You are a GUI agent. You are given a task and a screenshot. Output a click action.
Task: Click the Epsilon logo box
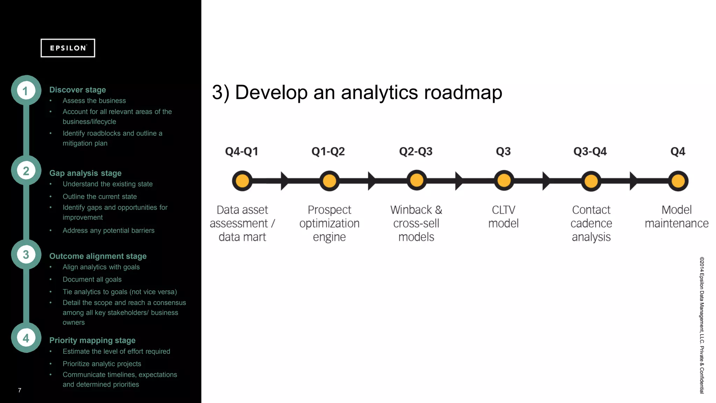[x=68, y=48]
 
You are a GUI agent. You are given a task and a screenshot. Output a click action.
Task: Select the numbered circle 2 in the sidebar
[x=26, y=171]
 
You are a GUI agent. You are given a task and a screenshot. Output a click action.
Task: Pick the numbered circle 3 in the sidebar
[x=26, y=254]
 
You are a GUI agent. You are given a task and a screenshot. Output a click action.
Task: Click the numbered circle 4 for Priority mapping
[x=26, y=338]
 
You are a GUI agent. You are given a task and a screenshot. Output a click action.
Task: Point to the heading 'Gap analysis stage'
[x=85, y=173]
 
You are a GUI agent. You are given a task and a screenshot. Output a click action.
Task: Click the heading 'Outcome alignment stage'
[x=98, y=256]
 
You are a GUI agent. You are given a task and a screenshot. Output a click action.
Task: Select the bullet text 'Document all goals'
[x=92, y=280]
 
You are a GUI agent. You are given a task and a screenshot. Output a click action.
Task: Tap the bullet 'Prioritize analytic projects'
[x=102, y=364]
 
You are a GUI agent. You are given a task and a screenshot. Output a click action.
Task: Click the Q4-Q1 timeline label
[x=242, y=151]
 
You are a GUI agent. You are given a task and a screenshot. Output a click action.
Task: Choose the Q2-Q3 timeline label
[x=416, y=151]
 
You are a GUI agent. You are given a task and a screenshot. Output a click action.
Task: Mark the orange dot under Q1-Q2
[x=329, y=181]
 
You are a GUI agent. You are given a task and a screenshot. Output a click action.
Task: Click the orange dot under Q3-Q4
[x=591, y=181]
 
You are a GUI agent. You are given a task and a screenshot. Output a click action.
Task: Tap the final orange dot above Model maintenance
[x=678, y=181]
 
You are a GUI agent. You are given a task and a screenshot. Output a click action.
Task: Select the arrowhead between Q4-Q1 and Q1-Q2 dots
[x=285, y=181]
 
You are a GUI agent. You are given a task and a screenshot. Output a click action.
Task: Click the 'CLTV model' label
[x=503, y=217]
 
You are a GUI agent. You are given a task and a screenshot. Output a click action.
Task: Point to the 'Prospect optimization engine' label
[x=329, y=223]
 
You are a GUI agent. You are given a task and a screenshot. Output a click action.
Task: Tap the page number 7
[x=20, y=390]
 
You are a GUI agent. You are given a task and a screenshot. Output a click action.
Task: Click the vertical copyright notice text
[x=702, y=325]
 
